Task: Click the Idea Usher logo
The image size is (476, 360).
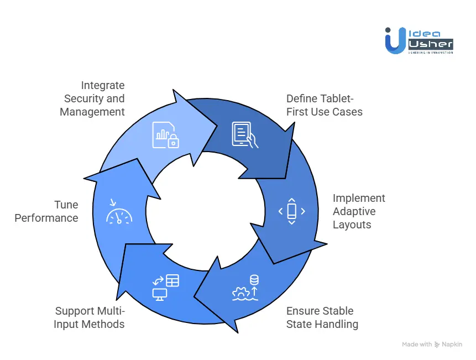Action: click(x=419, y=41)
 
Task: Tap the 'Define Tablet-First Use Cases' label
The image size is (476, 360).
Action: click(x=324, y=105)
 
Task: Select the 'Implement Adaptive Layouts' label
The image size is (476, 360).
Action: click(x=359, y=211)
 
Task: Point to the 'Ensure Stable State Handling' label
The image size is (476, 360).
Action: click(x=322, y=317)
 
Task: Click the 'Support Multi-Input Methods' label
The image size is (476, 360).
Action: click(x=90, y=317)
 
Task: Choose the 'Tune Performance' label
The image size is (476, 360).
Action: click(x=46, y=211)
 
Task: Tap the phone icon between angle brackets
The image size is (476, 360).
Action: click(x=291, y=211)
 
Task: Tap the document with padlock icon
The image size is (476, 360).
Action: click(x=166, y=135)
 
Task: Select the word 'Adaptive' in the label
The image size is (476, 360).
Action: click(x=354, y=211)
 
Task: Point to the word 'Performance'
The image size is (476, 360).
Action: click(x=46, y=218)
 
